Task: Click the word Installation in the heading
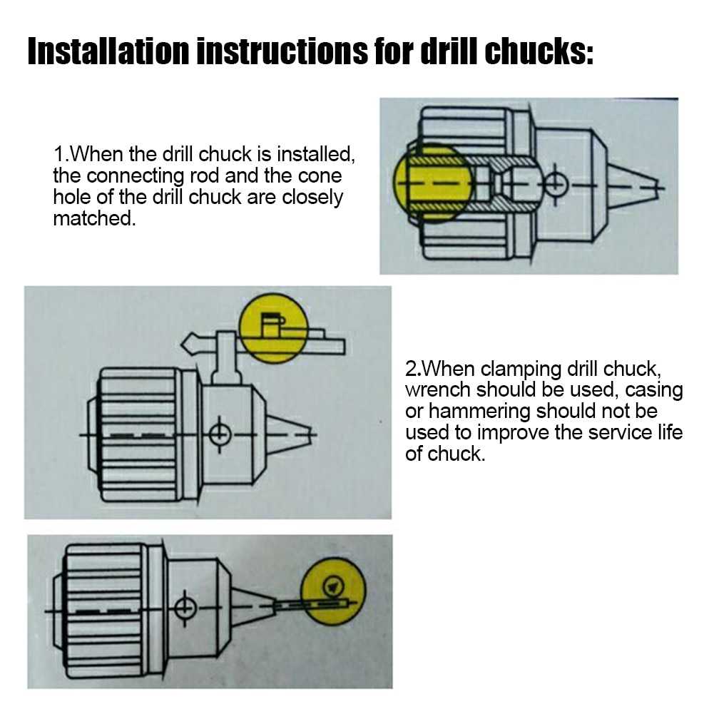coord(108,51)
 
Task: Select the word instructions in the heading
coord(282,51)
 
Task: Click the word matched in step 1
coord(95,218)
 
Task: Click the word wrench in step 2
coord(437,390)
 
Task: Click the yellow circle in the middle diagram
coord(274,328)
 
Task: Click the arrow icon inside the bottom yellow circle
coord(333,586)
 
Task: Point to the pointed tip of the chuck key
coord(182,345)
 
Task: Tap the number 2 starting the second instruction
coord(410,369)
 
